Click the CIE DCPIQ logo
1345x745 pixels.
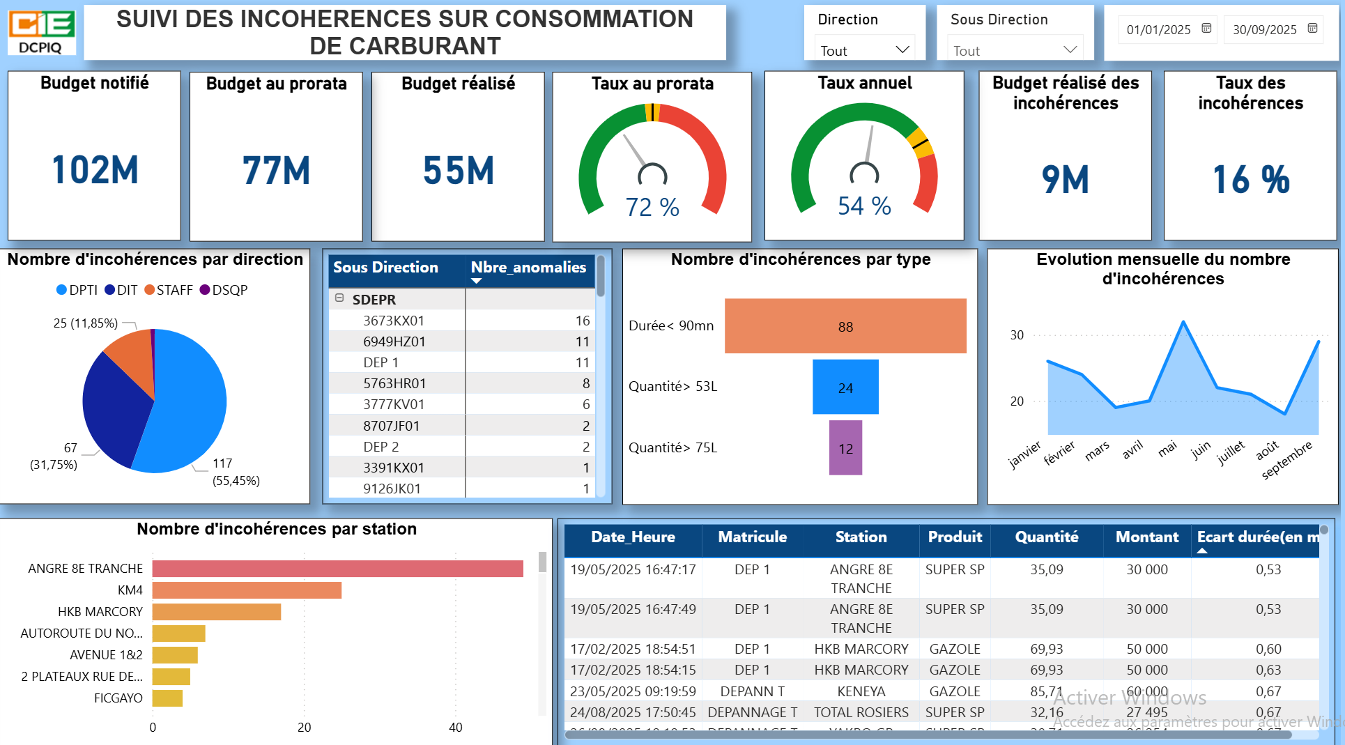pos(41,31)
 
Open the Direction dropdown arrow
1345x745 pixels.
pos(902,49)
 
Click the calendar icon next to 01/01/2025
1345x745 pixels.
pos(1206,29)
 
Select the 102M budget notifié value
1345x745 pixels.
pos(95,170)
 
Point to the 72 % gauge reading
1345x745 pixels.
pos(652,207)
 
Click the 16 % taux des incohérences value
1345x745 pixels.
pos(1251,180)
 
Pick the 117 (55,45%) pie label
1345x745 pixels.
pos(236,472)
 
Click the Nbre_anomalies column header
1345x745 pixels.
pos(528,268)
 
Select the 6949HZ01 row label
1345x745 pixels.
pos(394,341)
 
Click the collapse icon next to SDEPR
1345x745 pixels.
pos(339,298)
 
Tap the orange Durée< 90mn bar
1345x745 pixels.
pos(845,326)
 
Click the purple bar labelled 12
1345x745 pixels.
pos(845,448)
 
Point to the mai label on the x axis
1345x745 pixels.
pos(1167,449)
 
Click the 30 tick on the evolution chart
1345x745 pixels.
pos(1017,335)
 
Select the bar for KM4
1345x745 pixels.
pos(247,590)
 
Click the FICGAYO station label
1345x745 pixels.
pos(118,698)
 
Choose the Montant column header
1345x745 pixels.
pos(1146,537)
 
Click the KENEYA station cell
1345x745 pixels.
pos(861,691)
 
